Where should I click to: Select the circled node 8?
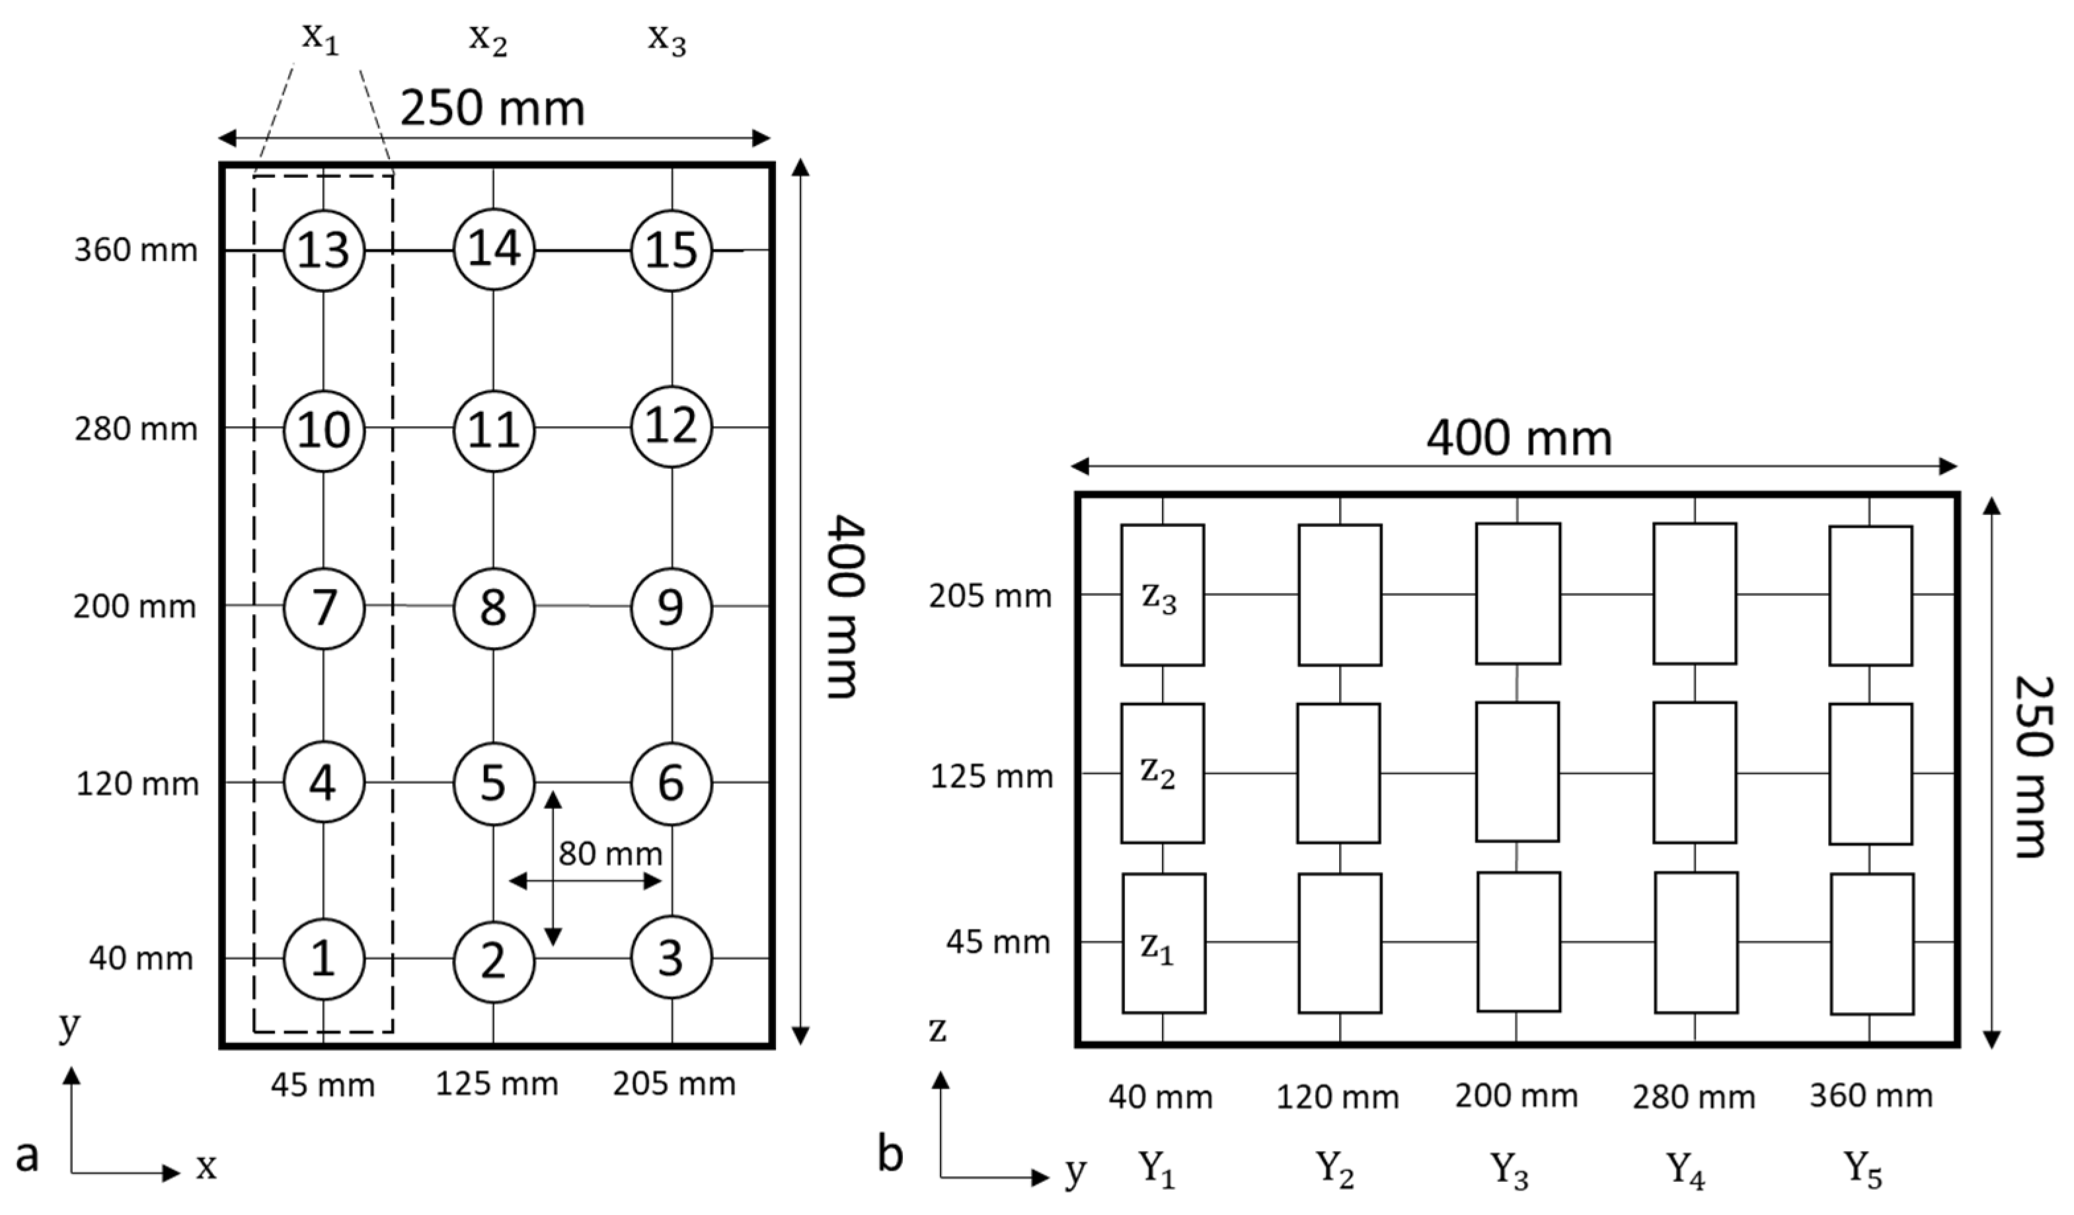click(493, 608)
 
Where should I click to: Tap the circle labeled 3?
click(671, 958)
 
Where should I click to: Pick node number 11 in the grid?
click(494, 430)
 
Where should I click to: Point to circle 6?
click(671, 783)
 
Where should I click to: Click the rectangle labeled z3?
click(1161, 595)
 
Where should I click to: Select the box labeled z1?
click(1163, 943)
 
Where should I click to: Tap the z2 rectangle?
click(1161, 773)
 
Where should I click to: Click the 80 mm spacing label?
click(610, 853)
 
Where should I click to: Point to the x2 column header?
click(488, 40)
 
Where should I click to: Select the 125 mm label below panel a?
click(496, 1084)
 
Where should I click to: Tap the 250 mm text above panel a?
click(492, 108)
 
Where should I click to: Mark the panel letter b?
click(890, 1154)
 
